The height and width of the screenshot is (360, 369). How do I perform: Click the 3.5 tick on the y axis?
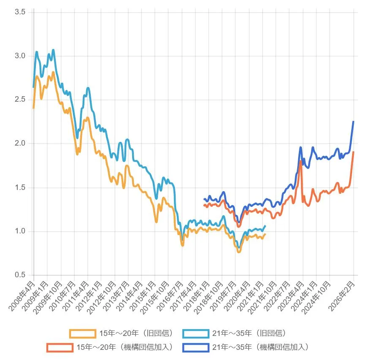click(x=20, y=12)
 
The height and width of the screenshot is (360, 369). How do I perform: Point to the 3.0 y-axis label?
click(x=20, y=56)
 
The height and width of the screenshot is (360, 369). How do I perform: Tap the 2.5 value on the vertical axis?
click(x=20, y=100)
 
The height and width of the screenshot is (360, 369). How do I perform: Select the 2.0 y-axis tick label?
click(x=20, y=143)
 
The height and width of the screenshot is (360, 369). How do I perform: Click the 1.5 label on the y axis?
click(x=20, y=187)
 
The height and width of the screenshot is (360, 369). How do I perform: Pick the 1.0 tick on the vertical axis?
click(x=20, y=231)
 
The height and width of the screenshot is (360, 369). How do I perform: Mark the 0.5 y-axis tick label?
click(x=20, y=275)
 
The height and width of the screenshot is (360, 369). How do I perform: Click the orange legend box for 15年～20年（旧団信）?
click(x=83, y=333)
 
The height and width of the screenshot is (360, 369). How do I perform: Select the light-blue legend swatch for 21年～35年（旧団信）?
click(x=196, y=333)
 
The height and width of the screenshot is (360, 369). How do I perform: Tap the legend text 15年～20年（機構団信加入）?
click(x=125, y=347)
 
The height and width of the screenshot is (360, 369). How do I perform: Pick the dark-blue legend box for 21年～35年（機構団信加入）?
click(x=196, y=347)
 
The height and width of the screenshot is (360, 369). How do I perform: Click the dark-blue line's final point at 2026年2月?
click(x=353, y=122)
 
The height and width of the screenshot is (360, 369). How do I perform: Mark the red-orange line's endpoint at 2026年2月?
click(x=353, y=152)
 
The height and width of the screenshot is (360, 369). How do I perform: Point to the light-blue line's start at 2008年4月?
click(x=33, y=87)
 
